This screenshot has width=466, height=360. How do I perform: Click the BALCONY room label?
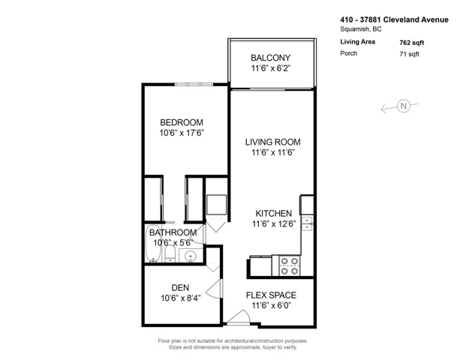(270, 58)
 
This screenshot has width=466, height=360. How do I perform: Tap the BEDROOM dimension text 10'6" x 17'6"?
(182, 133)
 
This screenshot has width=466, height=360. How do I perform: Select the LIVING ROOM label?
(273, 142)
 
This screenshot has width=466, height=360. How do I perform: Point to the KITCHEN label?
(274, 213)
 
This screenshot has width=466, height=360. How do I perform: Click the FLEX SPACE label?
(271, 295)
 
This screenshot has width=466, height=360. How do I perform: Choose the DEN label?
(180, 287)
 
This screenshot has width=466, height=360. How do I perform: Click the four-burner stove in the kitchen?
(290, 265)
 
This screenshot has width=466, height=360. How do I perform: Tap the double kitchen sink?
(307, 223)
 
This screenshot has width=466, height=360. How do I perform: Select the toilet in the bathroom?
(170, 254)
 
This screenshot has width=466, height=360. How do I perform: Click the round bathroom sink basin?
(190, 256)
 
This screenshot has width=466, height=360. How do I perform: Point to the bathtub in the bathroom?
(153, 244)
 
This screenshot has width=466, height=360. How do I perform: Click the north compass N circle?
(403, 106)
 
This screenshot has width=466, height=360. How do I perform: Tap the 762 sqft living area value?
(412, 43)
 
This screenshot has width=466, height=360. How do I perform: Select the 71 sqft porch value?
(409, 54)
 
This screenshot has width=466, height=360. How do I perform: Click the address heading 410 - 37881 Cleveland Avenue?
(395, 19)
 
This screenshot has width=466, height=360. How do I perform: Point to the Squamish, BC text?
(361, 29)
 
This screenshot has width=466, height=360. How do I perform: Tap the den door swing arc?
(214, 288)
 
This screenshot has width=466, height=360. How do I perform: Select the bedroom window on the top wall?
(194, 85)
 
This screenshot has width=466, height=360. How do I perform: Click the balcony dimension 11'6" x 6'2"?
(270, 68)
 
